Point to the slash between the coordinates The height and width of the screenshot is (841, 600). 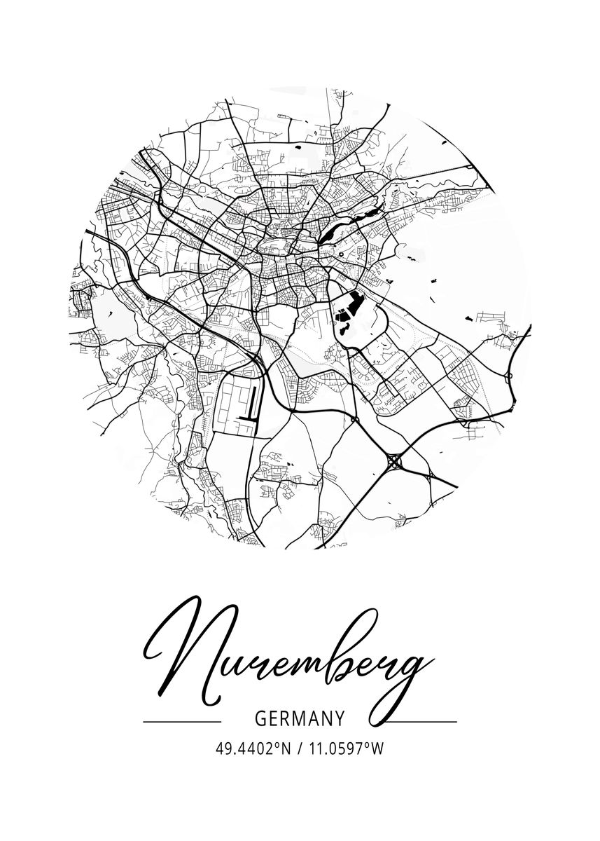coord(299,749)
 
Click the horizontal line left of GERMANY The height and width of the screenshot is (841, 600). coord(181,721)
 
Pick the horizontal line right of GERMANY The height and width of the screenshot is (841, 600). coord(422,721)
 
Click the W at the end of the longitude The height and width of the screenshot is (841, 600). coord(377,749)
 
